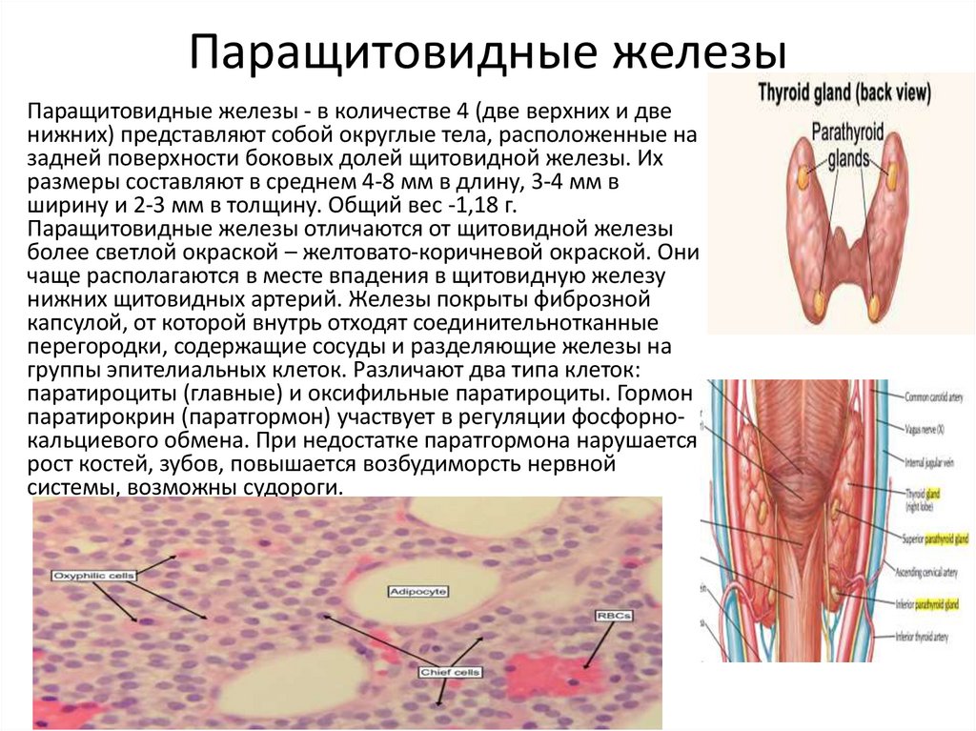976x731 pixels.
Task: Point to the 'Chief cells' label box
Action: (451, 673)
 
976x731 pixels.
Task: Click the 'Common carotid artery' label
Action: (935, 394)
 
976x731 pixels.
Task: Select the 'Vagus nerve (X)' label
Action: (925, 430)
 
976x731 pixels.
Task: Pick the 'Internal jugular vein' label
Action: (928, 463)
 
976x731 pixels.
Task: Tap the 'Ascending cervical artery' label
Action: (934, 572)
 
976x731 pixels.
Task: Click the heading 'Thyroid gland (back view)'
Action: (844, 93)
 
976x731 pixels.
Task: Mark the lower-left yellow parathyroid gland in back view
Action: (818, 304)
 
